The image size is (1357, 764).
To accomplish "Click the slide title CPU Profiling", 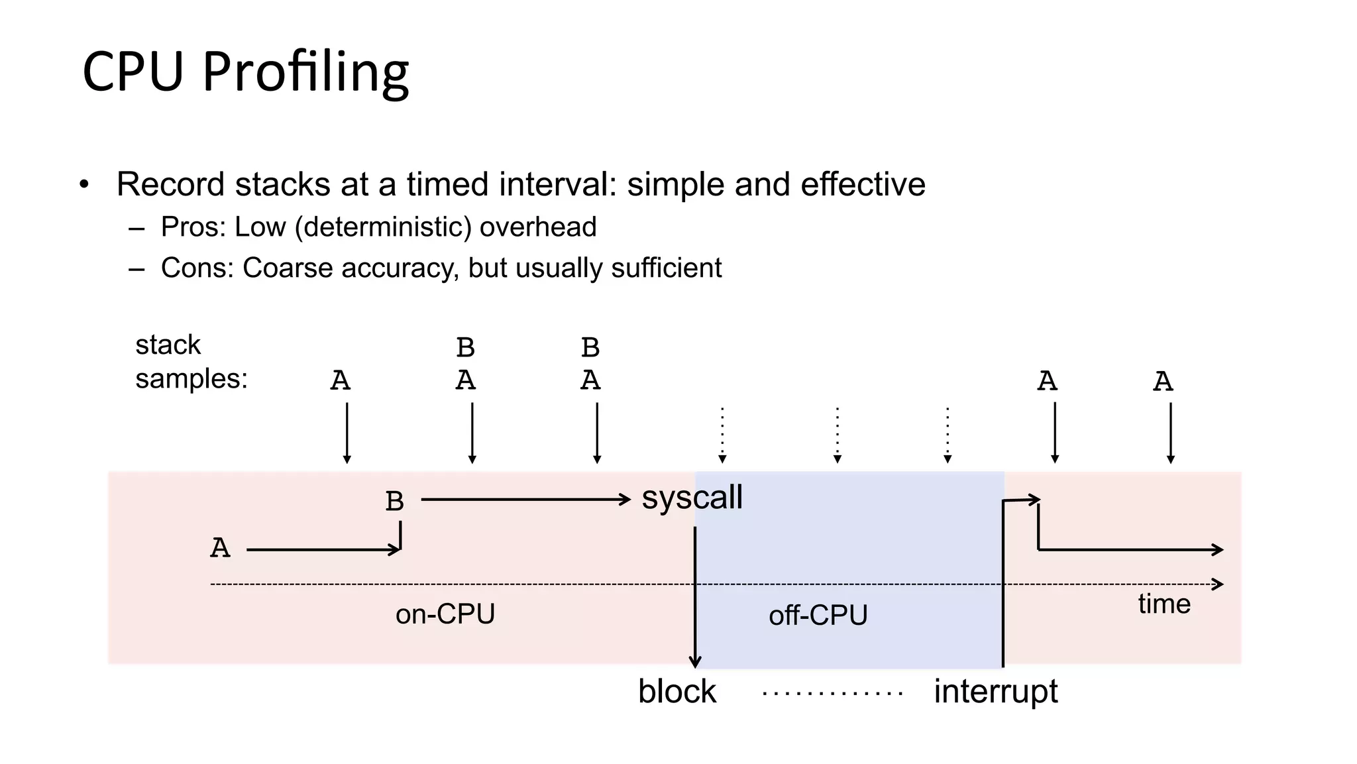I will pos(245,72).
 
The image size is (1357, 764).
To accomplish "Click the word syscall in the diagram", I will pos(692,497).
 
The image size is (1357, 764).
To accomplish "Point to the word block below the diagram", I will pos(677,692).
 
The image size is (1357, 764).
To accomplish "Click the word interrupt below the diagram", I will pos(995,692).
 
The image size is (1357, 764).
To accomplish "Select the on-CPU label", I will pos(445,614).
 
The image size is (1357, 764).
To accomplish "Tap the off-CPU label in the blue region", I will pos(818,616).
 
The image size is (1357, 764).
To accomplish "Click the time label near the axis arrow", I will pos(1164,604).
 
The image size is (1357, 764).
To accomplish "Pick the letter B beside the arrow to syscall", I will pos(394,502).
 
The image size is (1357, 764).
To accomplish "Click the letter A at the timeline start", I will pos(220,549).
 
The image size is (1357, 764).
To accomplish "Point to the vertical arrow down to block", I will pos(694,596).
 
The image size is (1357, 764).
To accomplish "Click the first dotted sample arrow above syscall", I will pos(722,434).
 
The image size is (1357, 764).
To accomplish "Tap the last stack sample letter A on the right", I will pos(1163,382).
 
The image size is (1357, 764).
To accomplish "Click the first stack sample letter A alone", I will pos(340,381).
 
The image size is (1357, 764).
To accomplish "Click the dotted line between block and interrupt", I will pos(832,694).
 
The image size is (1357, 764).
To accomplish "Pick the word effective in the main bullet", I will pos(862,184).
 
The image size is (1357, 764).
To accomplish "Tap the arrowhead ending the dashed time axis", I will pos(1218,584).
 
